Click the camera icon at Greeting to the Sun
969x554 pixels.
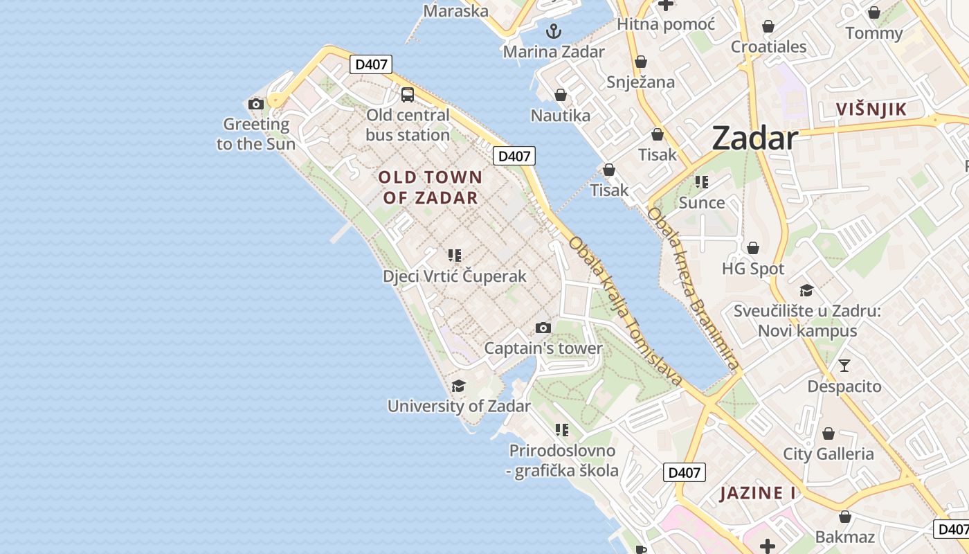click(x=256, y=105)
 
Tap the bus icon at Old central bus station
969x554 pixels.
click(x=408, y=95)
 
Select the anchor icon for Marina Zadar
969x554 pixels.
click(x=553, y=31)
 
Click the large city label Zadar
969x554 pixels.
click(x=754, y=138)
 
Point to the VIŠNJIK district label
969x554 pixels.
click(x=871, y=109)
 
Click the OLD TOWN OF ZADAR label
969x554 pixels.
click(x=430, y=188)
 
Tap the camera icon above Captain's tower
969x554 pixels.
click(x=543, y=328)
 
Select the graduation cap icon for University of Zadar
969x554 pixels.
click(x=458, y=386)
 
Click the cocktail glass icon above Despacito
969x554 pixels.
click(x=844, y=365)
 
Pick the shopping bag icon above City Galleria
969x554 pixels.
click(x=828, y=434)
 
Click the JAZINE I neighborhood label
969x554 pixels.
click(x=757, y=493)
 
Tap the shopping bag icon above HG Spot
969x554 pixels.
click(x=753, y=247)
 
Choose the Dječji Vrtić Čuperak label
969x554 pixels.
click(x=455, y=276)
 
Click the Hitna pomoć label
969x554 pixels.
click(x=665, y=25)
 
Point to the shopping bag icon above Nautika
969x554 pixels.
click(x=561, y=95)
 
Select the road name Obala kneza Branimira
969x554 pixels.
click(x=692, y=287)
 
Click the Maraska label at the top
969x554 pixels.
click(x=455, y=10)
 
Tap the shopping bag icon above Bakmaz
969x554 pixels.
click(x=844, y=517)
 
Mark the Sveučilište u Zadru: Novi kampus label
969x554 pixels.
click(x=807, y=321)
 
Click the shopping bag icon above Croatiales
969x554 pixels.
click(x=768, y=26)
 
